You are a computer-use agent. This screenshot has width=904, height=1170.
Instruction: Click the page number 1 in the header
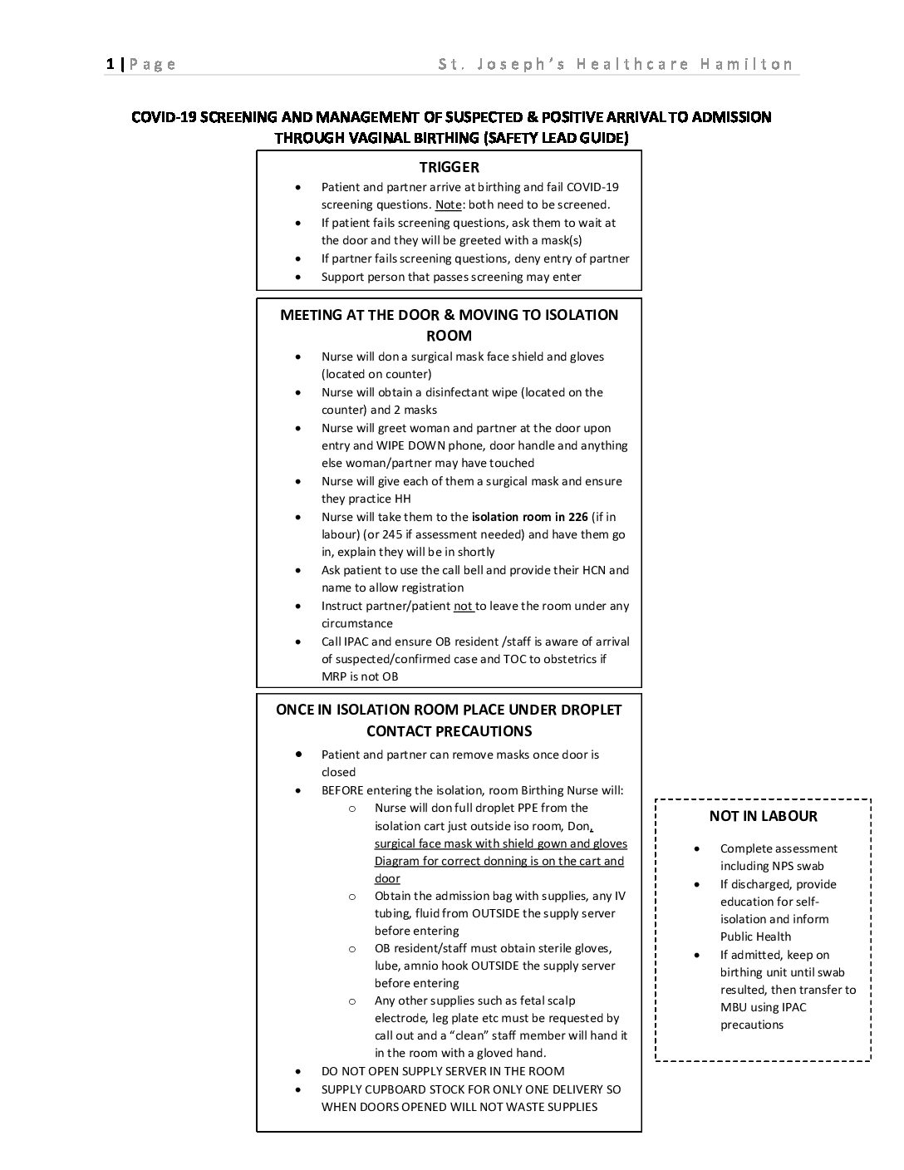(110, 64)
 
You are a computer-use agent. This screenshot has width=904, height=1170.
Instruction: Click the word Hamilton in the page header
(746, 64)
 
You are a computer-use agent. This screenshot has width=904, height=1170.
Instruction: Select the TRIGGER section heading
(449, 167)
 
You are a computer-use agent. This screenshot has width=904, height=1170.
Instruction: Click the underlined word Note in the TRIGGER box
(448, 204)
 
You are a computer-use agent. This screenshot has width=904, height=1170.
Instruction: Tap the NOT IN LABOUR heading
(763, 816)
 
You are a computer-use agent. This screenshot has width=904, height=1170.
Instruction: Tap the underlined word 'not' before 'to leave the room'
(463, 606)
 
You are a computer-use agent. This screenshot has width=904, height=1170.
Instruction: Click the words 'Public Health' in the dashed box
(755, 936)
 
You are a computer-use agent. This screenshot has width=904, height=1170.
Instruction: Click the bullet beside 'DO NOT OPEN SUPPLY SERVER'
(298, 1072)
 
